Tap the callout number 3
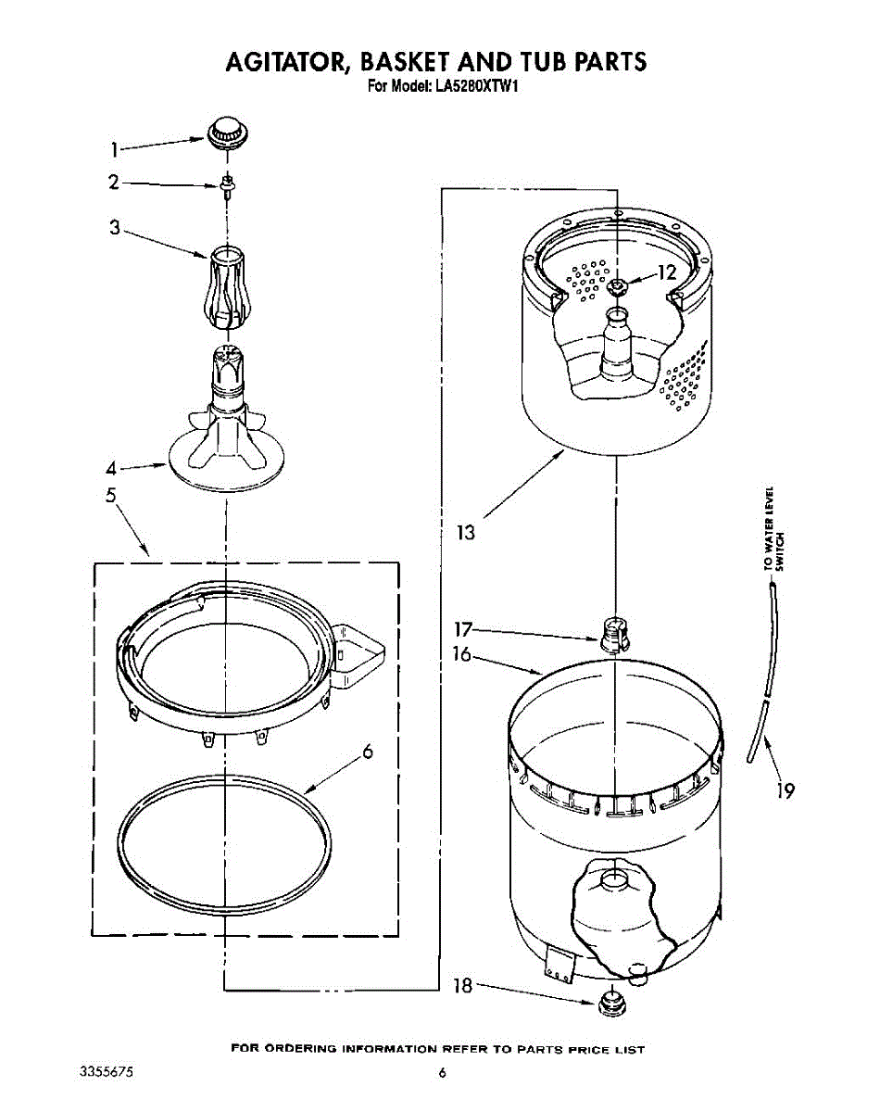click(x=115, y=227)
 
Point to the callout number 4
click(x=110, y=468)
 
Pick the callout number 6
click(x=368, y=752)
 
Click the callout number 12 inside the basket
click(x=668, y=272)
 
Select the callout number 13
click(x=466, y=532)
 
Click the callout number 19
click(x=785, y=790)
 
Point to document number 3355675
click(x=107, y=1072)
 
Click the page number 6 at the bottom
click(x=442, y=1073)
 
